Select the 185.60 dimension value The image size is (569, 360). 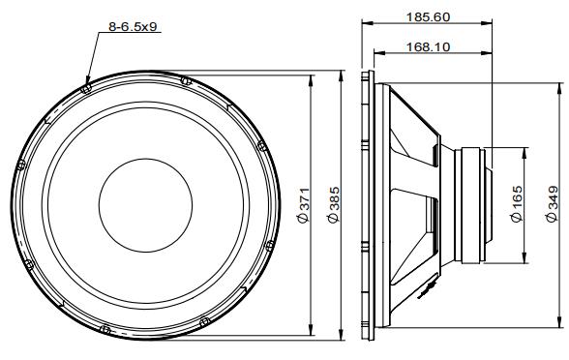428,17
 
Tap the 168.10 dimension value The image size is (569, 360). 428,47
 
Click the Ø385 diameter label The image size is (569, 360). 333,205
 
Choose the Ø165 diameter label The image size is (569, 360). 516,203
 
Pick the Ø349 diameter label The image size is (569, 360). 552,203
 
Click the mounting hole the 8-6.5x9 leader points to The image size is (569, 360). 86,88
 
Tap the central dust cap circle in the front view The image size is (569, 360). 145,205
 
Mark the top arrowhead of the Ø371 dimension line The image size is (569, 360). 311,80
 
